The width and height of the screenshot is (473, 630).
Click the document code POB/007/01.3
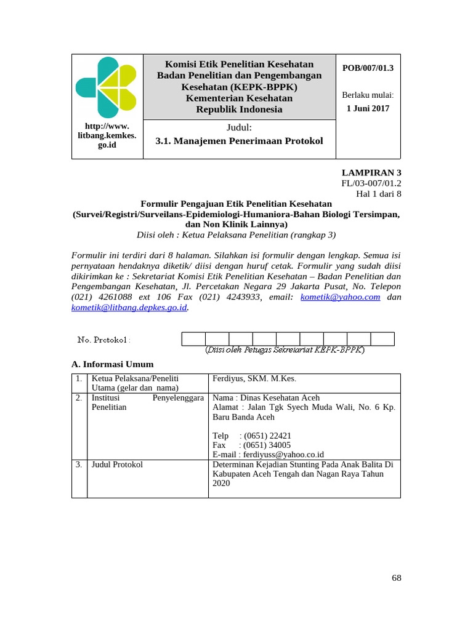[368, 68]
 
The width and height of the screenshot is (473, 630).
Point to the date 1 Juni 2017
[368, 108]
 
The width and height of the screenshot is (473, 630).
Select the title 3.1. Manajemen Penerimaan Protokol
[239, 141]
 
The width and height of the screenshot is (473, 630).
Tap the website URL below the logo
[107, 135]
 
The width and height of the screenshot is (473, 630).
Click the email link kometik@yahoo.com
[340, 297]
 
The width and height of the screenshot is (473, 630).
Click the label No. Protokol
[103, 340]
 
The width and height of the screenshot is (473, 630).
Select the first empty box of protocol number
[193, 339]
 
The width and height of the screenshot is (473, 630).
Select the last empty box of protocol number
[382, 339]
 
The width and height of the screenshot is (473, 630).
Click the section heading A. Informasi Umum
[113, 364]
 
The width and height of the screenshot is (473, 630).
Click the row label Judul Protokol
[117, 465]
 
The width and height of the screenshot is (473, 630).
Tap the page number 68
[396, 578]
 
